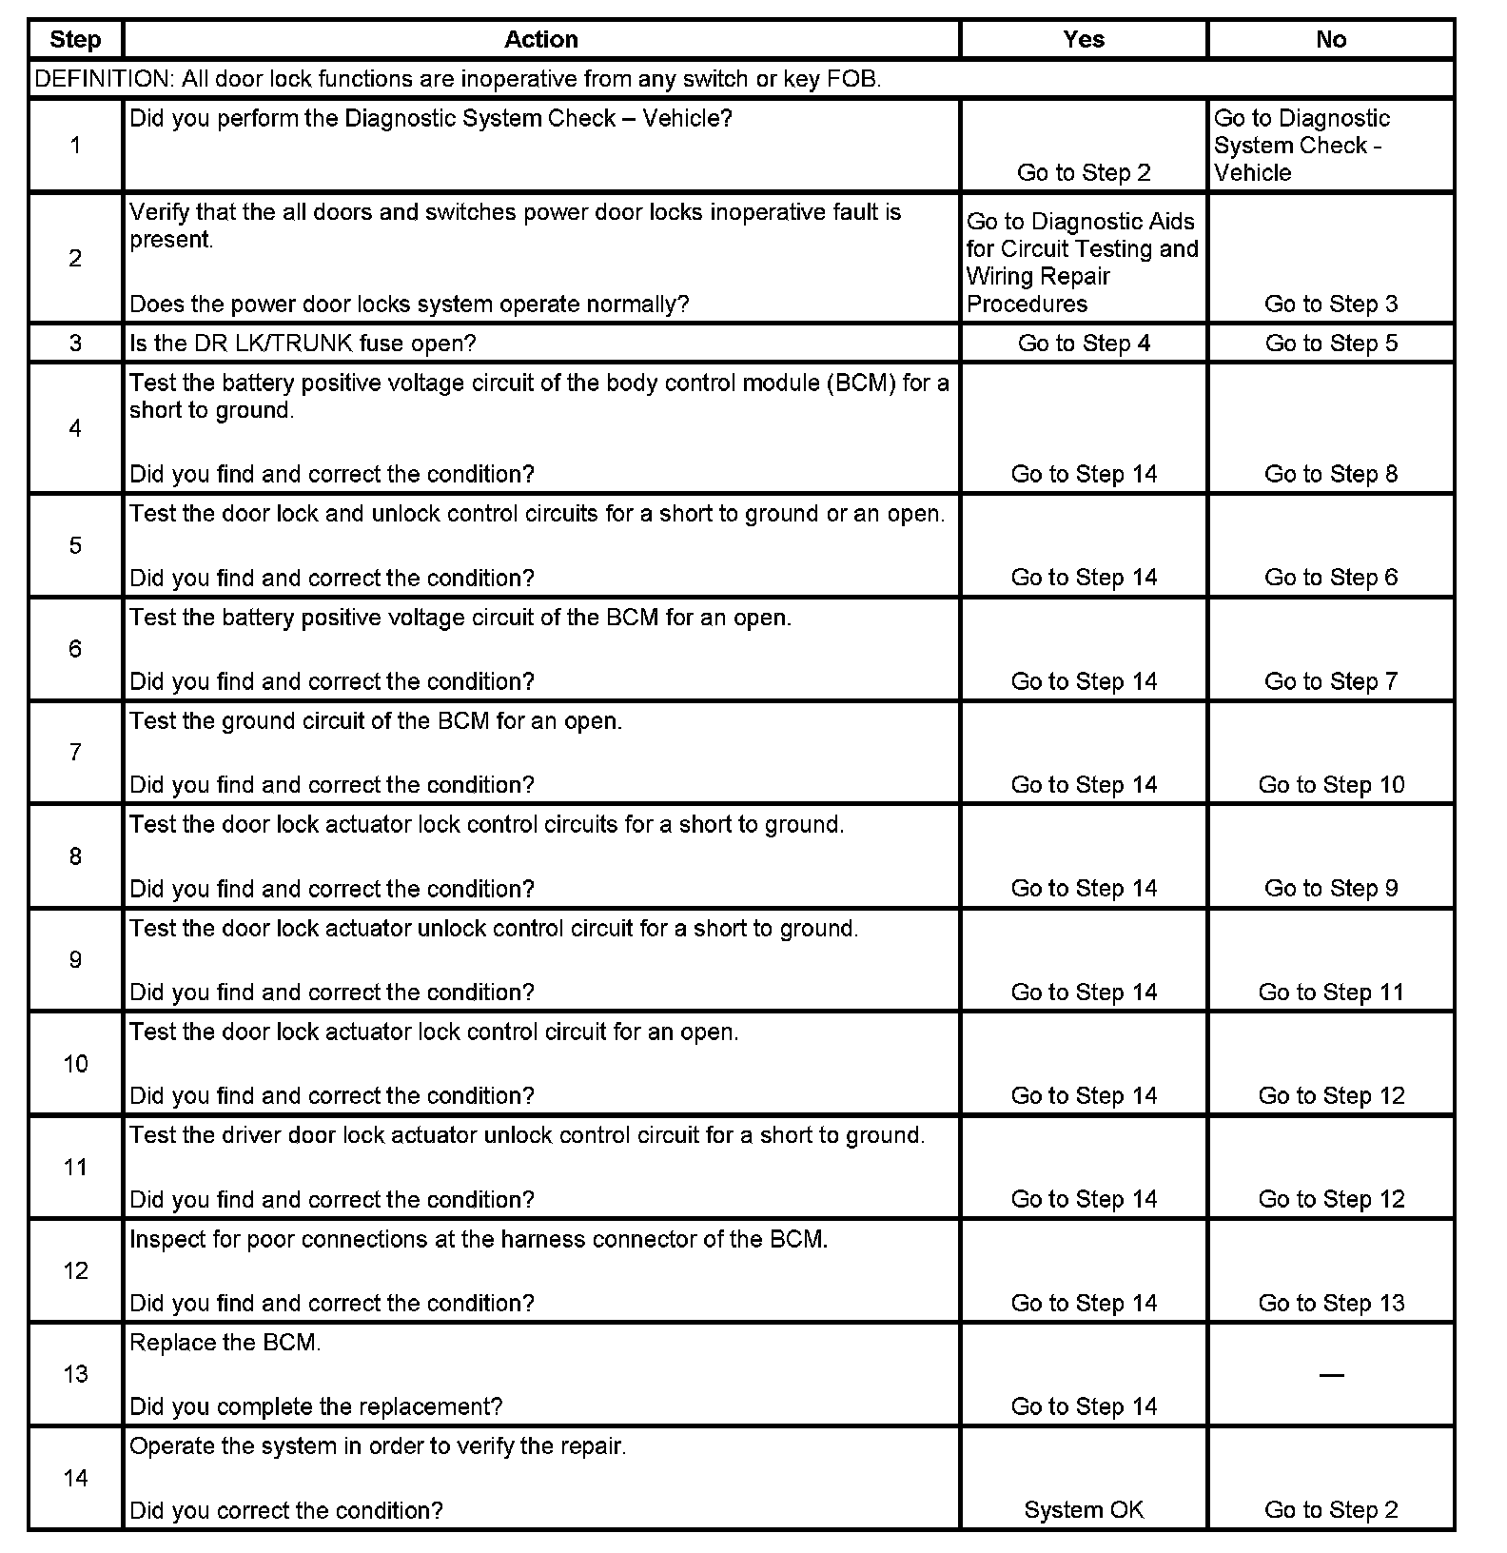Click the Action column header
pyautogui.click(x=540, y=40)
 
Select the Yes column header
pyautogui.click(x=1084, y=40)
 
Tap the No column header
pyautogui.click(x=1331, y=40)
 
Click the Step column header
pyautogui.click(x=75, y=40)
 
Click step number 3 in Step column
pyautogui.click(x=75, y=344)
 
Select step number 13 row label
pyautogui.click(x=75, y=1374)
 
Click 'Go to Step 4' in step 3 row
pyautogui.click(x=1084, y=344)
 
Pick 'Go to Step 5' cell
pyautogui.click(x=1331, y=344)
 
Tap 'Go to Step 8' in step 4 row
pyautogui.click(x=1331, y=474)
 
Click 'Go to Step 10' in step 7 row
pyautogui.click(x=1331, y=785)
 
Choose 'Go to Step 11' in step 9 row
pyautogui.click(x=1331, y=993)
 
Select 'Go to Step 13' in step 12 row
pyautogui.click(x=1331, y=1304)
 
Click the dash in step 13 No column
pyautogui.click(x=1331, y=1375)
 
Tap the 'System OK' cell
pyautogui.click(x=1084, y=1510)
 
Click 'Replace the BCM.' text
pyautogui.click(x=225, y=1343)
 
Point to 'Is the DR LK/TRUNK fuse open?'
pyautogui.click(x=303, y=344)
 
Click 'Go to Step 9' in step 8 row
pyautogui.click(x=1331, y=889)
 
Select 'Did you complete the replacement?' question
pyautogui.click(x=316, y=1406)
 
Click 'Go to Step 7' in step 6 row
pyautogui.click(x=1331, y=681)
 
